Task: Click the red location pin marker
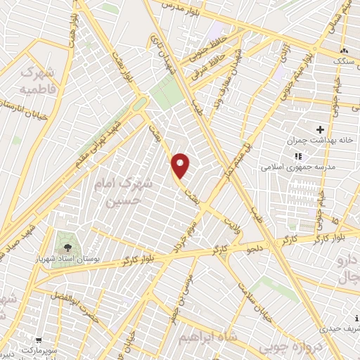181,166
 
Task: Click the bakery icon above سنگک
344,51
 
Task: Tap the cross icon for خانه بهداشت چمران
321,129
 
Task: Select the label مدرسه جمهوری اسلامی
288,167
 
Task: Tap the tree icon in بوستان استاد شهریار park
67,247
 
